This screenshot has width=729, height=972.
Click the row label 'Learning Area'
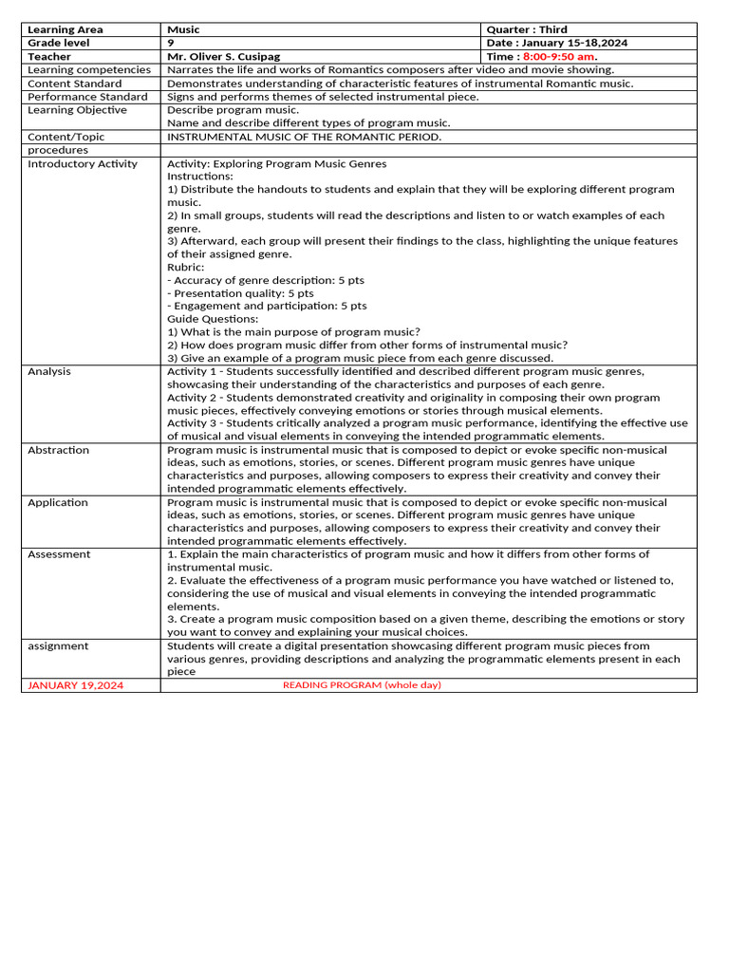tap(65, 29)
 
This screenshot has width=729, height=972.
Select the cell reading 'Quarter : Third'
tap(527, 29)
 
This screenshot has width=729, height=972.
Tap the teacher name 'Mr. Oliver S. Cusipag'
tap(223, 56)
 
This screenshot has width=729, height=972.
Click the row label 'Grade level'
tap(59, 43)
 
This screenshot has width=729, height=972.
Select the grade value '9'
tap(171, 43)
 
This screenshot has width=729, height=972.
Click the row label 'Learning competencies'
tap(89, 69)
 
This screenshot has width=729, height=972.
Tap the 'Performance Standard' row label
tap(87, 96)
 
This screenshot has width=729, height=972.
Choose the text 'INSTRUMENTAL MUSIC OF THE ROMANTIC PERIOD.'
tap(304, 136)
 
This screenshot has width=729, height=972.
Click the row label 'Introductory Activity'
tap(83, 163)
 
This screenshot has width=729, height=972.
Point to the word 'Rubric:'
tap(186, 267)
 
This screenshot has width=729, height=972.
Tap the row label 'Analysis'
tap(49, 371)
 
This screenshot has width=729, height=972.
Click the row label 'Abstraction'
tap(59, 450)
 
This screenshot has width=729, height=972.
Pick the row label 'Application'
tap(57, 502)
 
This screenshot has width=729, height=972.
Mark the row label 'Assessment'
tap(59, 553)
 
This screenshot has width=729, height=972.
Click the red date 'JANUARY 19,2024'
tap(75, 684)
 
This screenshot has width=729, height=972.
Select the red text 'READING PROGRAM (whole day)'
tap(362, 684)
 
